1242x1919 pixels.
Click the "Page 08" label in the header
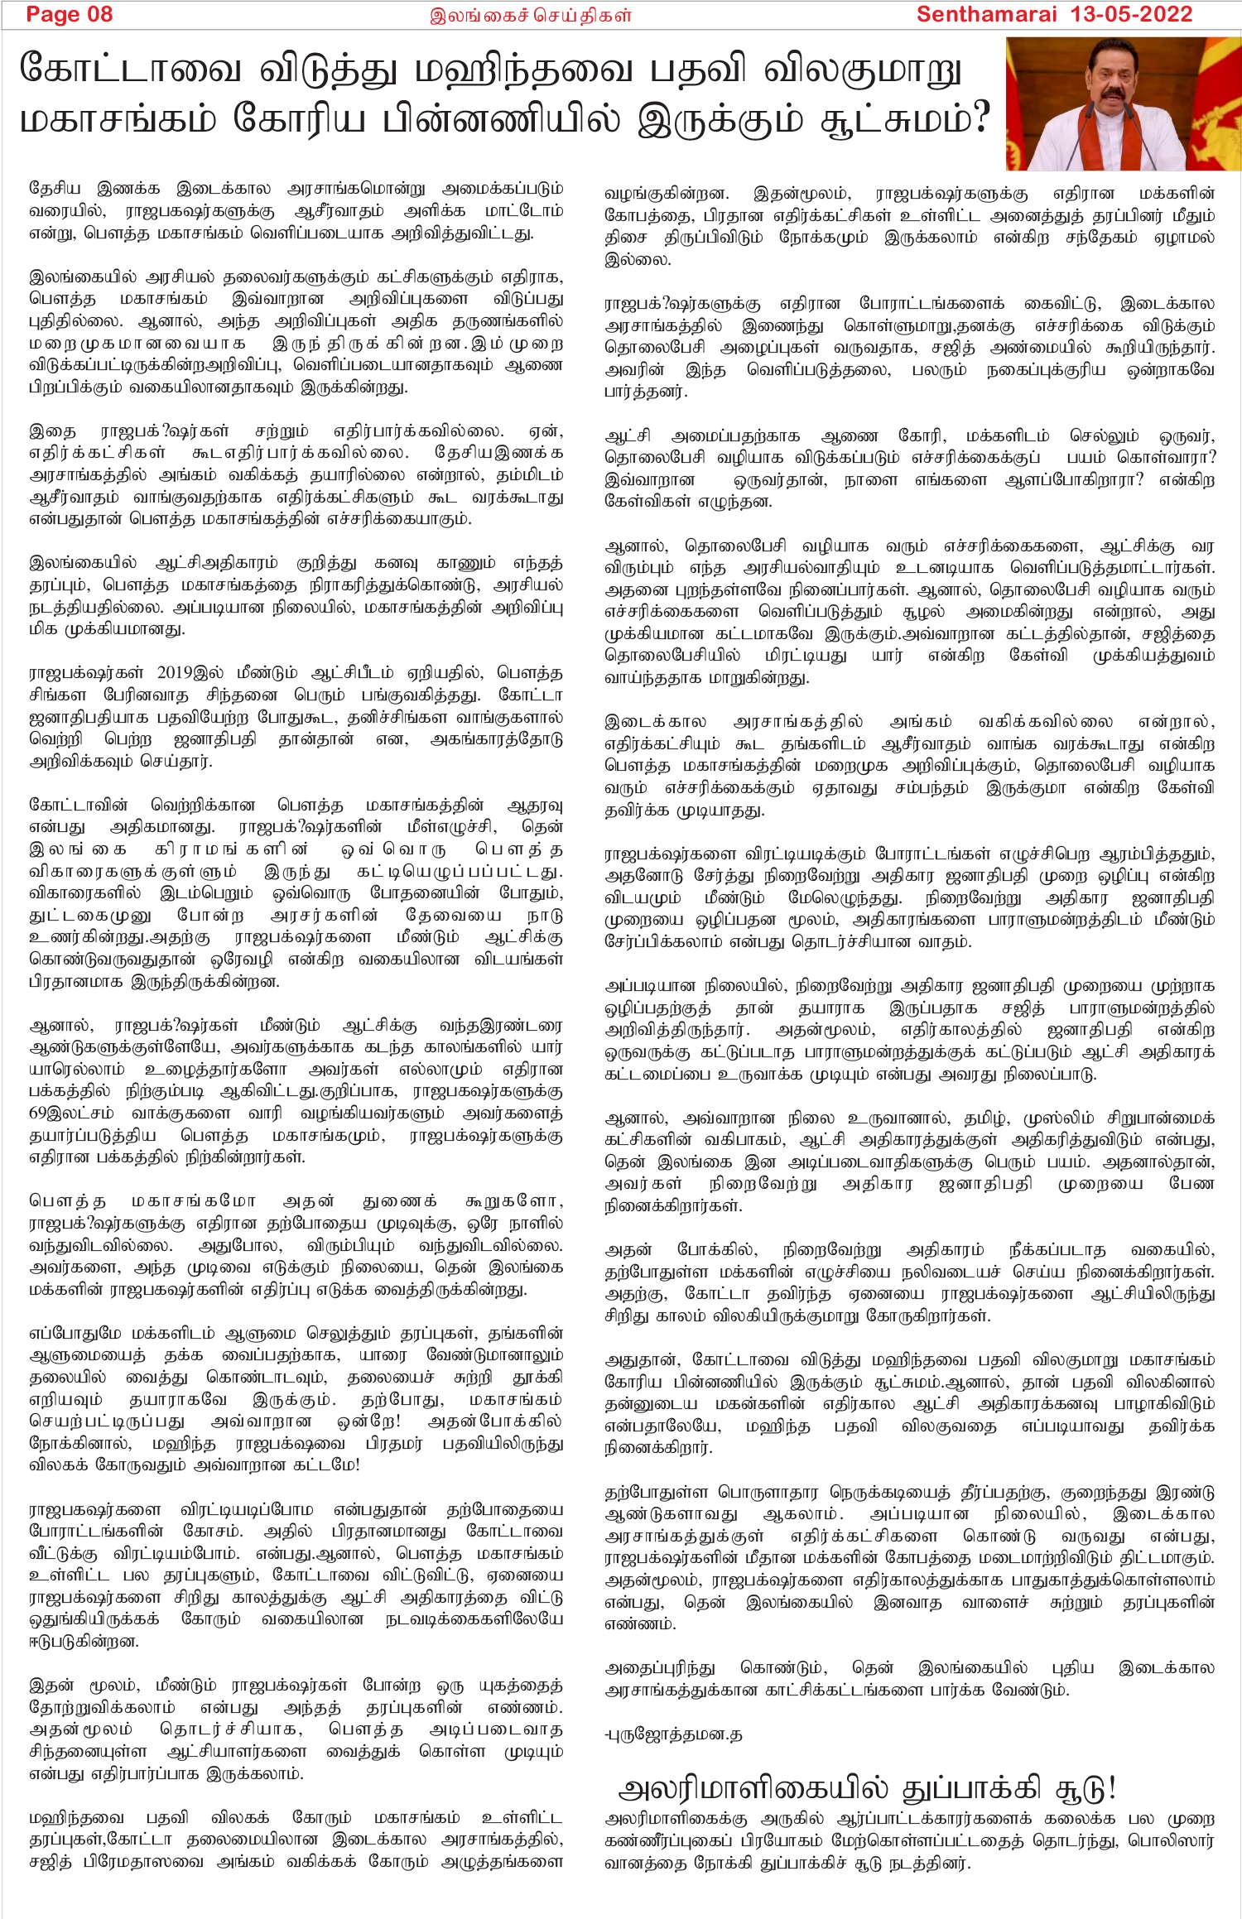point(69,14)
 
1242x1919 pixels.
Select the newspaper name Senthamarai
point(986,14)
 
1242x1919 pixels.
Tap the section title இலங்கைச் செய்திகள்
point(530,15)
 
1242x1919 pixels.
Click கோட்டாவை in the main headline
point(130,70)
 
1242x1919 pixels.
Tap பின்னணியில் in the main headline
point(502,119)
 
